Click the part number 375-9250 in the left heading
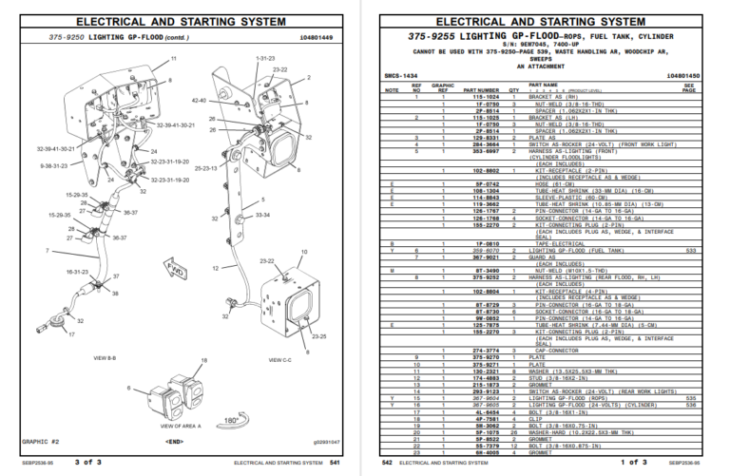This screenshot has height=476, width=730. click(x=67, y=36)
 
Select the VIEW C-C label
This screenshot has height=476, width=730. click(x=279, y=360)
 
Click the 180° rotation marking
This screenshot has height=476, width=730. click(x=229, y=419)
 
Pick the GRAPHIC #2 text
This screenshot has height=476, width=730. click(x=41, y=442)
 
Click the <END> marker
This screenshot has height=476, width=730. click(x=175, y=442)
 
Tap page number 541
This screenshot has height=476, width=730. click(x=336, y=463)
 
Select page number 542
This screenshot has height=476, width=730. click(x=387, y=463)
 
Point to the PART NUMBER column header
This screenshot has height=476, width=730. click(x=481, y=90)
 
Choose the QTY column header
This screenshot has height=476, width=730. click(x=514, y=90)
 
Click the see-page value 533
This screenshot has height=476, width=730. click(x=691, y=250)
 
